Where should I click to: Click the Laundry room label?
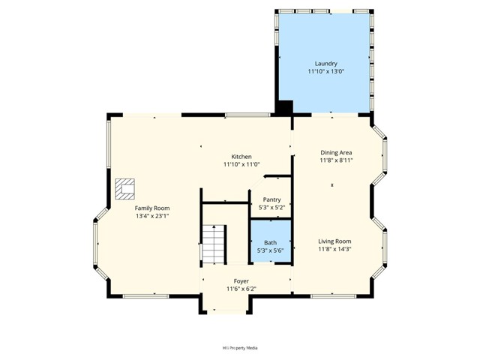pyautogui.click(x=326, y=64)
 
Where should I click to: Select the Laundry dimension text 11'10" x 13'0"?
pyautogui.click(x=326, y=72)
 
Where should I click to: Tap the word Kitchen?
pyautogui.click(x=241, y=157)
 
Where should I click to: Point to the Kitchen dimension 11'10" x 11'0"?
pyautogui.click(x=241, y=164)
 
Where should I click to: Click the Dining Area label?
pyautogui.click(x=336, y=152)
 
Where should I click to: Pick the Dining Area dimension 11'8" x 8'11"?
pyautogui.click(x=336, y=160)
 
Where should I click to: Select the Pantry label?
pyautogui.click(x=271, y=199)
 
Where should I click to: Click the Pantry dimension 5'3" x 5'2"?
pyautogui.click(x=271, y=207)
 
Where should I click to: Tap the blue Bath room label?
pyautogui.click(x=270, y=242)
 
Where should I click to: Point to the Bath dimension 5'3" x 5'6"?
pyautogui.click(x=270, y=250)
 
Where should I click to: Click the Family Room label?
pyautogui.click(x=152, y=208)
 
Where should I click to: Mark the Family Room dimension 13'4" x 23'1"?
pyautogui.click(x=152, y=216)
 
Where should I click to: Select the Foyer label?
pyautogui.click(x=241, y=281)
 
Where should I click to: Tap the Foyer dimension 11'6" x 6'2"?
pyautogui.click(x=241, y=289)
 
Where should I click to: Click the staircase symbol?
pyautogui.click(x=214, y=244)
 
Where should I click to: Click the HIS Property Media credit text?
pyautogui.click(x=240, y=348)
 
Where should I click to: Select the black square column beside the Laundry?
pyautogui.click(x=285, y=106)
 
